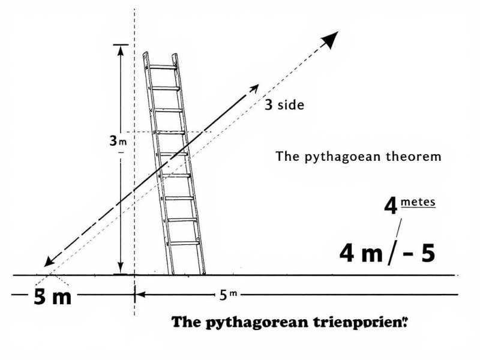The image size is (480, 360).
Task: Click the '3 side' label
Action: tap(284, 105)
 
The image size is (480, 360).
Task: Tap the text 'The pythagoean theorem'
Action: tap(358, 157)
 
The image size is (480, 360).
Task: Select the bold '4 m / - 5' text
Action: tap(387, 253)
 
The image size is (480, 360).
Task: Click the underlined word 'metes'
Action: tap(418, 202)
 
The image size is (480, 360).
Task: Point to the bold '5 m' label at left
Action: tap(53, 296)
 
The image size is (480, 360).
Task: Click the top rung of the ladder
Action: tap(162, 67)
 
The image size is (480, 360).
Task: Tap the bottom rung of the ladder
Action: tap(184, 243)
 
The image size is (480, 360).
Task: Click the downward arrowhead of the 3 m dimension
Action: tap(121, 268)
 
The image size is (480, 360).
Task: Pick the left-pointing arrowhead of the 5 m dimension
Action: tap(139, 295)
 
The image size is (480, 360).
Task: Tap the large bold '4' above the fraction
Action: tap(391, 208)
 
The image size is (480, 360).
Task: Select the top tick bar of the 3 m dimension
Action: tap(121, 44)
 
